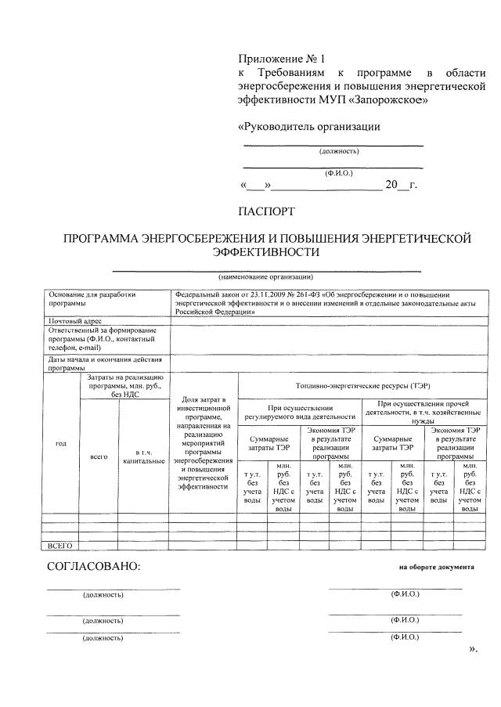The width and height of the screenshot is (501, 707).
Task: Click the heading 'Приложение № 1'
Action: click(x=279, y=59)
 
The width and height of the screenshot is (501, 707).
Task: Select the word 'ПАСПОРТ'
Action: click(x=267, y=211)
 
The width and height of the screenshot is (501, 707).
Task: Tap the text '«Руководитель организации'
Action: click(x=308, y=126)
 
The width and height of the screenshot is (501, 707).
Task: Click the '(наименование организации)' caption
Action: click(x=266, y=276)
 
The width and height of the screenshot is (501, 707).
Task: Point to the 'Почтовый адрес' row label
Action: click(x=75, y=321)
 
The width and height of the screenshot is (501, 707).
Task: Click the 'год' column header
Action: click(x=60, y=444)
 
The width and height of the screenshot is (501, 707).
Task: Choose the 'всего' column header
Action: click(x=99, y=455)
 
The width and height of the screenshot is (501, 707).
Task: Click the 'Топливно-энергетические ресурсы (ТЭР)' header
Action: click(x=362, y=386)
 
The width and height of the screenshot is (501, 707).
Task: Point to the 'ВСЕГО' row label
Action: click(x=60, y=544)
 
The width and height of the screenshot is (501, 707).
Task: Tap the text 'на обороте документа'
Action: click(x=436, y=567)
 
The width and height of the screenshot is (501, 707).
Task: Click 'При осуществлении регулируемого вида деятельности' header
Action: click(x=300, y=413)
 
